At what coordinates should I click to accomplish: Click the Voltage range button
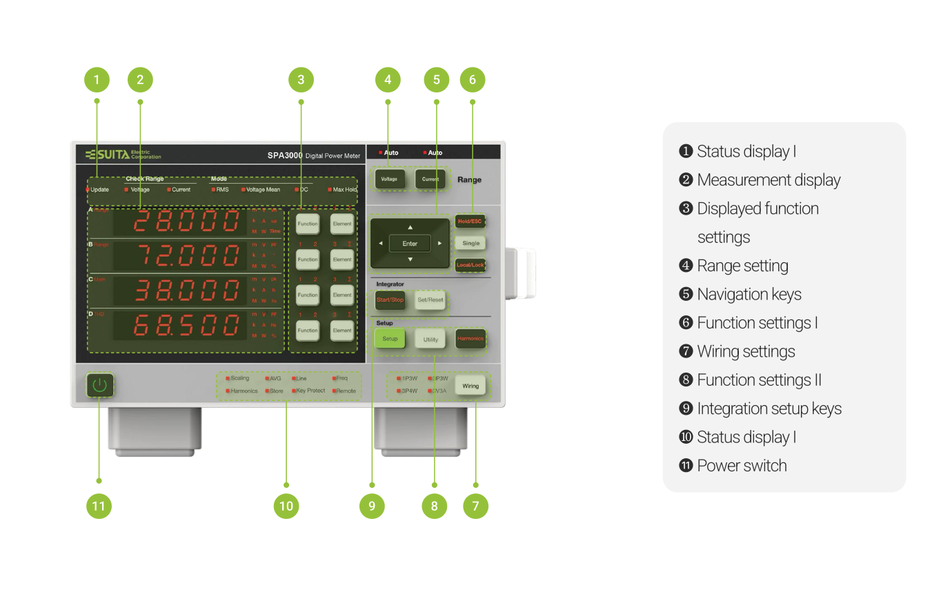click(x=388, y=179)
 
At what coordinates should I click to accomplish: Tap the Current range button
click(x=430, y=179)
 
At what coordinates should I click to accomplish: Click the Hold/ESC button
click(x=469, y=222)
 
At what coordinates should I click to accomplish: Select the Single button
click(x=471, y=243)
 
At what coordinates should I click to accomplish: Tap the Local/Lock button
click(x=470, y=265)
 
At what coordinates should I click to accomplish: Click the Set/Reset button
click(x=430, y=300)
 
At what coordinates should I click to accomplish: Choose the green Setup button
click(x=390, y=339)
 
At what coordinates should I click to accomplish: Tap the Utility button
click(x=430, y=339)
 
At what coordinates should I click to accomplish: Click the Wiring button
click(x=471, y=386)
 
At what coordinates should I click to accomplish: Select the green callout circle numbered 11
click(x=99, y=507)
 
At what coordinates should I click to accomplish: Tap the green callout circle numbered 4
click(x=388, y=79)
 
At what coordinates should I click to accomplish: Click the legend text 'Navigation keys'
click(x=749, y=294)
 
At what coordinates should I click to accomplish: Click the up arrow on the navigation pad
click(x=410, y=227)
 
